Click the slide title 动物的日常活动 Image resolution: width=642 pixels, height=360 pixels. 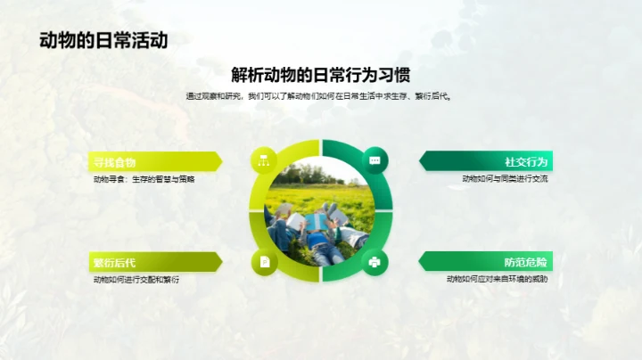coord(103,40)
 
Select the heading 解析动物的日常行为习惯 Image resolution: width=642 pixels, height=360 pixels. coord(320,75)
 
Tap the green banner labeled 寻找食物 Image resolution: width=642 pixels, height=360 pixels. coord(152,161)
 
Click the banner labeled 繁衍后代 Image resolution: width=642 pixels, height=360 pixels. coord(152,262)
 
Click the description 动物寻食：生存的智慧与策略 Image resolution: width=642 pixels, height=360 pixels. coord(144,179)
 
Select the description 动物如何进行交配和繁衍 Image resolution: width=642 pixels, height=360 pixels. coord(136,280)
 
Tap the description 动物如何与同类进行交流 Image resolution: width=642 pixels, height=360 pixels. coord(505,179)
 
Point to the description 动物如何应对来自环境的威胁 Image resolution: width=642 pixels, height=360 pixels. coord(498,280)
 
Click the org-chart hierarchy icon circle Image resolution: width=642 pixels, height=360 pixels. coord(264,160)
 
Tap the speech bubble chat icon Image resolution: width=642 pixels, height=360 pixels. coord(374,160)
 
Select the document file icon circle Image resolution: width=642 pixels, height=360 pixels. coord(264,262)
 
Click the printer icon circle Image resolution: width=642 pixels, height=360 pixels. coord(374,262)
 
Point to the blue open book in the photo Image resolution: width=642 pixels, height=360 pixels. coord(318,220)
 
